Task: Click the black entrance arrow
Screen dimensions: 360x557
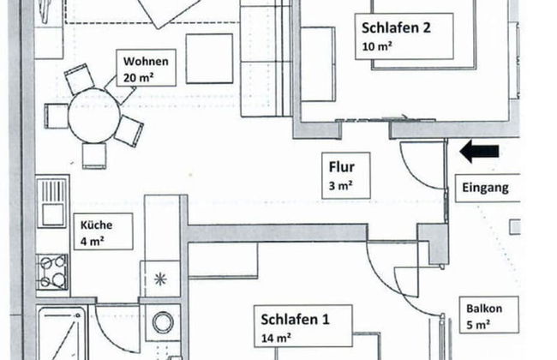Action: [479, 153]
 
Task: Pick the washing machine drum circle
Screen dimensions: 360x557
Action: [161, 323]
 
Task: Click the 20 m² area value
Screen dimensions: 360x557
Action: [136, 76]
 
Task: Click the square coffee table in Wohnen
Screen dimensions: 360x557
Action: [209, 58]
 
